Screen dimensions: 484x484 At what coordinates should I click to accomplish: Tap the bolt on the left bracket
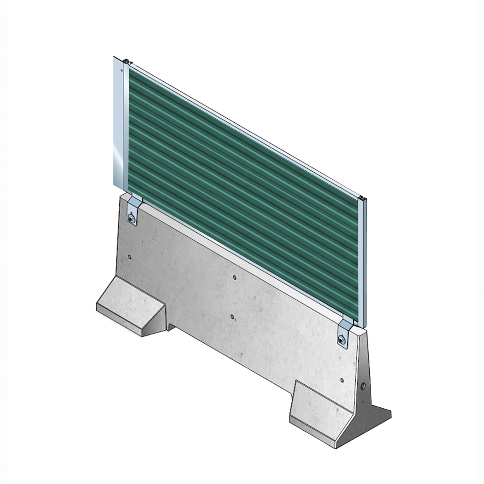(131, 219)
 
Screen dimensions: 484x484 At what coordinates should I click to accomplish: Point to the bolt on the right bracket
(342, 340)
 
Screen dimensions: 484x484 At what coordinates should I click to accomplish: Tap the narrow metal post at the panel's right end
(363, 260)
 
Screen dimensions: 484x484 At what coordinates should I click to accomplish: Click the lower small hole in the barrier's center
(232, 317)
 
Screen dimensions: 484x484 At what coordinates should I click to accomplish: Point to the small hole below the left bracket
(130, 257)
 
